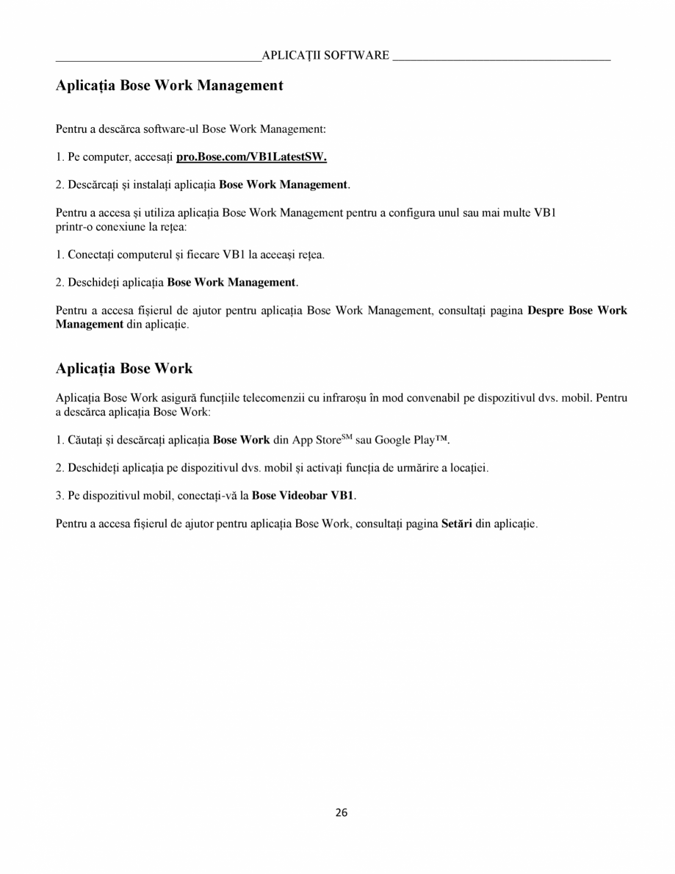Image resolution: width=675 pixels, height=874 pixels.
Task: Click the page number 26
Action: [x=342, y=812]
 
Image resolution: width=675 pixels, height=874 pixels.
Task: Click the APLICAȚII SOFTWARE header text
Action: [x=325, y=56]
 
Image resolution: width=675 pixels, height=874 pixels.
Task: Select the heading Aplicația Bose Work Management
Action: [x=169, y=86]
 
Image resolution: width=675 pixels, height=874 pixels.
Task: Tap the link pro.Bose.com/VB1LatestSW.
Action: [x=251, y=156]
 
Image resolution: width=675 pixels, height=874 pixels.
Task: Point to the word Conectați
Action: [x=92, y=255]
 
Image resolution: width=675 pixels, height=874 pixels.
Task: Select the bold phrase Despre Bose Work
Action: [x=577, y=310]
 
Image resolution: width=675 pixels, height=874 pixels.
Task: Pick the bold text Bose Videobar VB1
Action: [x=303, y=496]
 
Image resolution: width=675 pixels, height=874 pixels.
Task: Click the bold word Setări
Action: [x=456, y=524]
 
